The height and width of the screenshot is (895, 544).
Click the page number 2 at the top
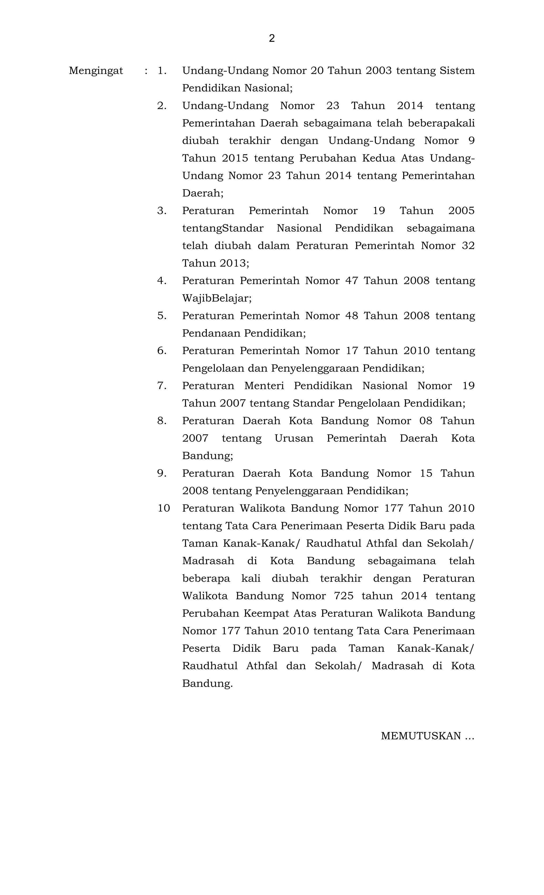tap(272, 38)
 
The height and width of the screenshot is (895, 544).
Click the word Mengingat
tap(96, 71)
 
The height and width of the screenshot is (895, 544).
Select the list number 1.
tap(162, 71)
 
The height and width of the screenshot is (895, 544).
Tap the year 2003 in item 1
tap(379, 71)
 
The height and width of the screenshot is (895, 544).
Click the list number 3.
tap(162, 211)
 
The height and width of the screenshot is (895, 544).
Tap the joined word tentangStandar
tap(223, 228)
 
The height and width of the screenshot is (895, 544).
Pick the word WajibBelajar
tap(216, 298)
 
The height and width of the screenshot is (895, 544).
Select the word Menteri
tap(264, 386)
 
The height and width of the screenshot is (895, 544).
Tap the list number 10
tap(164, 508)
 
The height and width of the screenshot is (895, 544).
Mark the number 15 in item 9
tap(426, 473)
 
